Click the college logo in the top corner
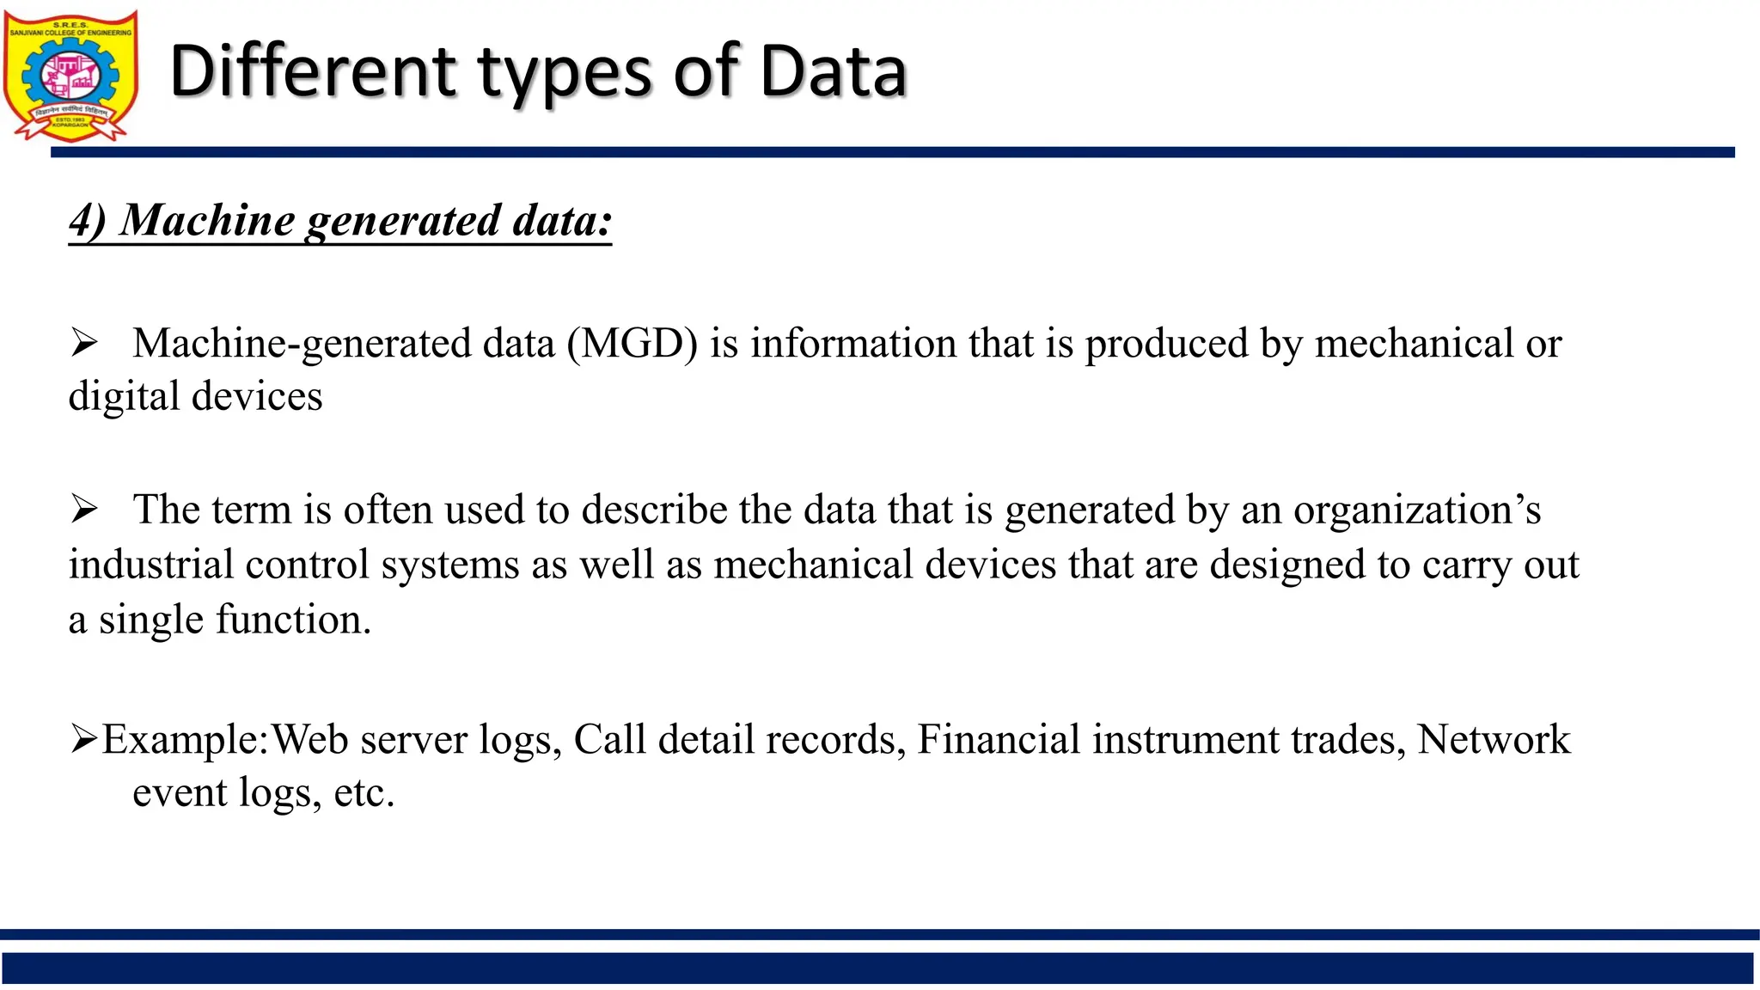[x=70, y=76]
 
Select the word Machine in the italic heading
[x=207, y=220]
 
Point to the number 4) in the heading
[x=87, y=220]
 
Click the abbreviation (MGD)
[x=632, y=344]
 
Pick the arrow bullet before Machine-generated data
[x=84, y=344]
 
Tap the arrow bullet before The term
[x=84, y=510]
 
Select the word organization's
[x=1417, y=510]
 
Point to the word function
[x=293, y=620]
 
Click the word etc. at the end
[x=364, y=792]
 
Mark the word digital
[x=124, y=397]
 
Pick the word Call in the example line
[x=609, y=739]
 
